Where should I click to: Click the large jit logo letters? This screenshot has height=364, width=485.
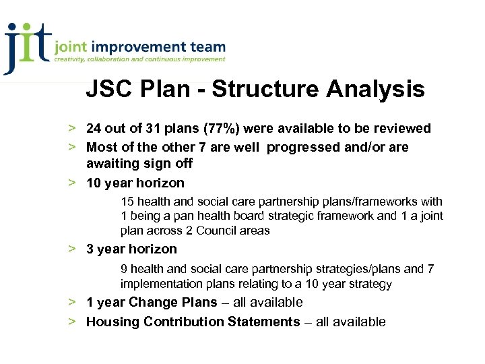[27, 46]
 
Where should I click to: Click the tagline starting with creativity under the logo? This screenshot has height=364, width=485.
[139, 60]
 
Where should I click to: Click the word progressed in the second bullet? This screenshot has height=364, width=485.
[304, 147]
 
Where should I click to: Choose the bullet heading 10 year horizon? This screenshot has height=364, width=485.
[135, 183]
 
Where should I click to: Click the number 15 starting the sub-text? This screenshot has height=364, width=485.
[127, 201]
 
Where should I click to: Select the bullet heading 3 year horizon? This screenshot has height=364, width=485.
[131, 249]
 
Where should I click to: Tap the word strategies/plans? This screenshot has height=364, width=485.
[337, 269]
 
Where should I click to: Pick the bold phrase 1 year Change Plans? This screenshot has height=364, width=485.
[152, 303]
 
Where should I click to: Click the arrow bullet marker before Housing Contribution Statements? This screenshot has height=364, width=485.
[71, 322]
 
